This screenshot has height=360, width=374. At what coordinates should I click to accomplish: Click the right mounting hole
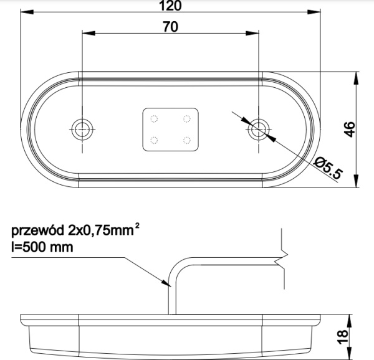(x=258, y=130)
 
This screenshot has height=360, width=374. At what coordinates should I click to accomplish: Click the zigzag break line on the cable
(x=283, y=258)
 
